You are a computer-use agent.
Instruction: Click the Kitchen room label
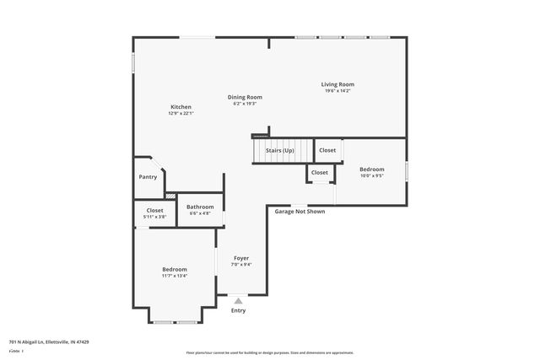tap(181, 107)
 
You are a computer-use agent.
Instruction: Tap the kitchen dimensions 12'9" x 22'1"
tap(181, 114)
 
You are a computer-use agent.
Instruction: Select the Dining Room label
tap(245, 97)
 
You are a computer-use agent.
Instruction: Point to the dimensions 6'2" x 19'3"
tap(245, 104)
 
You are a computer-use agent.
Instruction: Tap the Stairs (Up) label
tap(279, 150)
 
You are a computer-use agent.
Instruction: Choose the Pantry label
tap(148, 177)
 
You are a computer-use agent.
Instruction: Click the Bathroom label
tap(200, 207)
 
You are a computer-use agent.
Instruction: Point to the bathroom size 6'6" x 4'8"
tap(200, 213)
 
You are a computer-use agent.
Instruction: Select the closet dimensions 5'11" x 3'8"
tap(154, 218)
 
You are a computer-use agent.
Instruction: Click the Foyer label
tap(241, 257)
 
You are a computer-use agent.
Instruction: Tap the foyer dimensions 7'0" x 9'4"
tap(241, 264)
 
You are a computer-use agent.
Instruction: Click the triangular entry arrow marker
tap(239, 300)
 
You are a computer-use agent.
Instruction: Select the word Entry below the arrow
tap(239, 310)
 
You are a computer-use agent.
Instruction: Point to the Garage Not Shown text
tap(300, 212)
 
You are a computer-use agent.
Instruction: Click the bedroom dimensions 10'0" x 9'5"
tap(371, 176)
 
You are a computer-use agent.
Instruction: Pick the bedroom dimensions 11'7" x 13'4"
tap(175, 276)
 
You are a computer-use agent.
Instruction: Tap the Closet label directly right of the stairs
tap(327, 150)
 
